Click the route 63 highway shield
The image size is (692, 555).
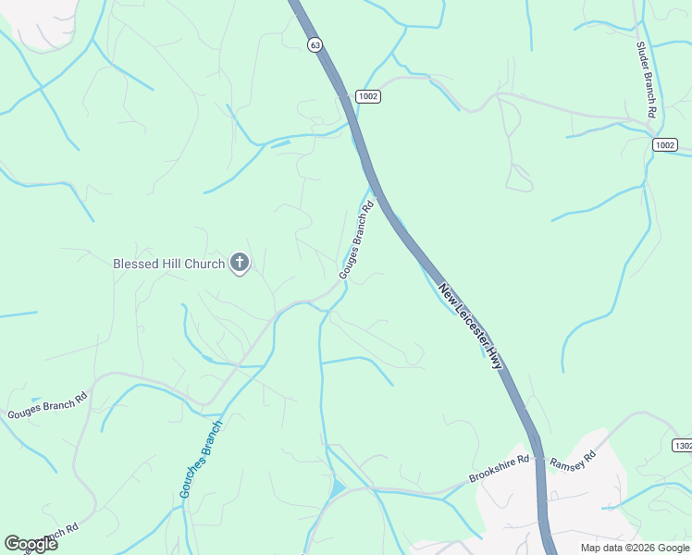coord(315,44)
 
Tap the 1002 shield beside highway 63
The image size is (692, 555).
coord(367,96)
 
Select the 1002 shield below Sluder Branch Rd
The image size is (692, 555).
coord(663,144)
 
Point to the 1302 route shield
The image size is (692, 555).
coord(681,445)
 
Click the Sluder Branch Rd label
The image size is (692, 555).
coord(646,79)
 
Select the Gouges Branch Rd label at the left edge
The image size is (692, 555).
coord(47,406)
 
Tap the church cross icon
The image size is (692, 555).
coord(239,264)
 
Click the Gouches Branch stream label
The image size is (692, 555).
coord(201,460)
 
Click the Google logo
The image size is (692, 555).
coord(31,544)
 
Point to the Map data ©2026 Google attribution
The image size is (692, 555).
coord(636,548)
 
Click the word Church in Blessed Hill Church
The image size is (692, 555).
coord(204,264)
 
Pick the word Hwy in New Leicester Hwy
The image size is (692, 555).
coord(495,357)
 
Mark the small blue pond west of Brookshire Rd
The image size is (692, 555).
coord(337,487)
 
